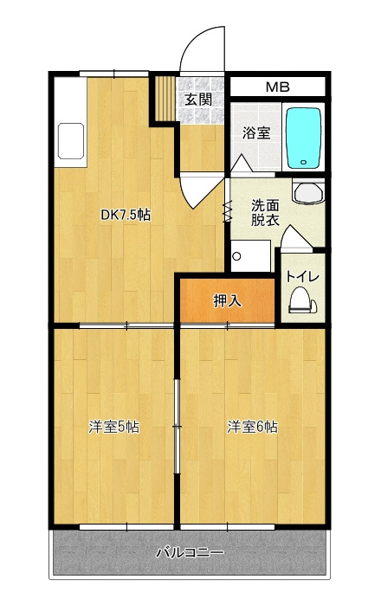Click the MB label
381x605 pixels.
pos(278,87)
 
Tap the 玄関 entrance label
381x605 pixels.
pos(198,100)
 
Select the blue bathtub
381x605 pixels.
pos(303,138)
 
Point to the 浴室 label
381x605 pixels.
pos(256,132)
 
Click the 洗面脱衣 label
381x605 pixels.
pos(265,213)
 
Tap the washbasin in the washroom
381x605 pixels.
pos(308,192)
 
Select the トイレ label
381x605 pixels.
pos(303,276)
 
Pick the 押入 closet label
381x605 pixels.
pos(228,300)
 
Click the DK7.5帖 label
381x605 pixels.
pos(126,215)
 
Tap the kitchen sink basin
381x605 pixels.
pos(71,141)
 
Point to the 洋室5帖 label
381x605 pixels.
pos(114,427)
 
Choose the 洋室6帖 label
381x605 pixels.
pos(253,427)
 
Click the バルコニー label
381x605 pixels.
pos(190,552)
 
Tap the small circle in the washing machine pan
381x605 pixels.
pos(236,256)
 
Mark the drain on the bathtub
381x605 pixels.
pos(303,162)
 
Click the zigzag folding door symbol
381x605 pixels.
pos(227,211)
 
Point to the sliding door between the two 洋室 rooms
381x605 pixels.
pos(177,426)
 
